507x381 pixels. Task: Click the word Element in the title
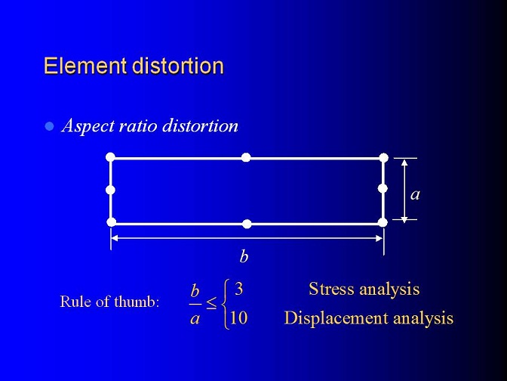pyautogui.click(x=84, y=66)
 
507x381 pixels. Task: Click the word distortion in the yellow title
pyautogui.click(x=178, y=66)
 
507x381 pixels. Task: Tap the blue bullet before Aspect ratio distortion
pyautogui.click(x=49, y=125)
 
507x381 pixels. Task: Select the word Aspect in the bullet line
pyautogui.click(x=88, y=126)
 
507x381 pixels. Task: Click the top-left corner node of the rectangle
pyautogui.click(x=110, y=157)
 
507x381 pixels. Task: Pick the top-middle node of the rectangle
pyautogui.click(x=246, y=157)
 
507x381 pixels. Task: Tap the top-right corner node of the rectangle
pyautogui.click(x=384, y=158)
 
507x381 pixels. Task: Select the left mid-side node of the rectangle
pyautogui.click(x=111, y=190)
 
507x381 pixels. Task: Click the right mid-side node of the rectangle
pyautogui.click(x=383, y=188)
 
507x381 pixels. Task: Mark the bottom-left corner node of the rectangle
pyautogui.click(x=111, y=222)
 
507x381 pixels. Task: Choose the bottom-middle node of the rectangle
pyautogui.click(x=247, y=224)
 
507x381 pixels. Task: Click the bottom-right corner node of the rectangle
pyautogui.click(x=383, y=222)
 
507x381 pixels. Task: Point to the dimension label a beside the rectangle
pyautogui.click(x=415, y=195)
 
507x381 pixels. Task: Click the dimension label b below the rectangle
pyautogui.click(x=244, y=256)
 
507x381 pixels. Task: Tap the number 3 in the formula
pyautogui.click(x=239, y=288)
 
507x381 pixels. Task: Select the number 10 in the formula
pyautogui.click(x=238, y=317)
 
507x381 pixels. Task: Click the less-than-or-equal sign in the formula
pyautogui.click(x=211, y=303)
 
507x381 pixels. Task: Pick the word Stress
pyautogui.click(x=331, y=289)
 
